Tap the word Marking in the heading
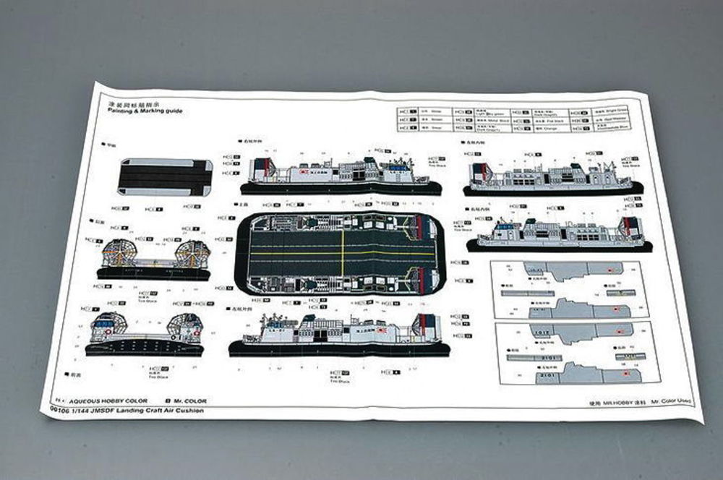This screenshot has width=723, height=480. [x=150, y=111]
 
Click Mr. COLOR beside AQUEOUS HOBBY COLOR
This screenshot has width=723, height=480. [x=189, y=401]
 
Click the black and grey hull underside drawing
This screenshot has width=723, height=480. [x=166, y=176]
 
